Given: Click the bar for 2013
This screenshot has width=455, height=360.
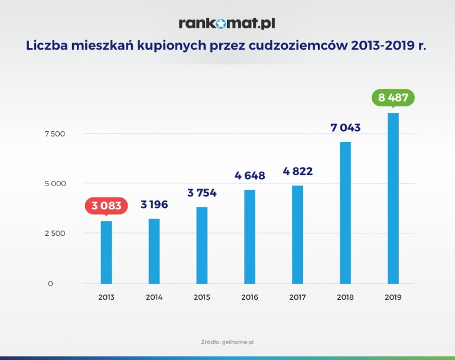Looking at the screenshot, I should [x=106, y=252].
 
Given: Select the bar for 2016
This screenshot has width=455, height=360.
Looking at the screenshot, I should [x=249, y=236].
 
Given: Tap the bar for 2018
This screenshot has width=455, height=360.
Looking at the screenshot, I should [x=345, y=213].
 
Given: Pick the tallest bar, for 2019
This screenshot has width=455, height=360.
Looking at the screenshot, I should [x=393, y=198].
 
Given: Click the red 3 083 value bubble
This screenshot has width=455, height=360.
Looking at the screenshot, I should [x=106, y=206].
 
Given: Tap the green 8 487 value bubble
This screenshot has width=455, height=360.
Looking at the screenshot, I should [x=393, y=98].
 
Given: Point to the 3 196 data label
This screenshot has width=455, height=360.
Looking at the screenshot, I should [x=154, y=205].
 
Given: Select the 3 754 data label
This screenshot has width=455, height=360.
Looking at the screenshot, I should [x=201, y=193].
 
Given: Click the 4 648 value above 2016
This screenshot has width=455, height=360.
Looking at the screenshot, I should [x=249, y=176].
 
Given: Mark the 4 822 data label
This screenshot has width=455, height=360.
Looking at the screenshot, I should [x=297, y=171].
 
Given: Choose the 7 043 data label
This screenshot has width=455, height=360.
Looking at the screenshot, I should [x=345, y=128].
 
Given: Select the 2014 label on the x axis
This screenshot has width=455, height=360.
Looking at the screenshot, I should [x=154, y=297].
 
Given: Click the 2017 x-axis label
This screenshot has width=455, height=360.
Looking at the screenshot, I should [x=297, y=297].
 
